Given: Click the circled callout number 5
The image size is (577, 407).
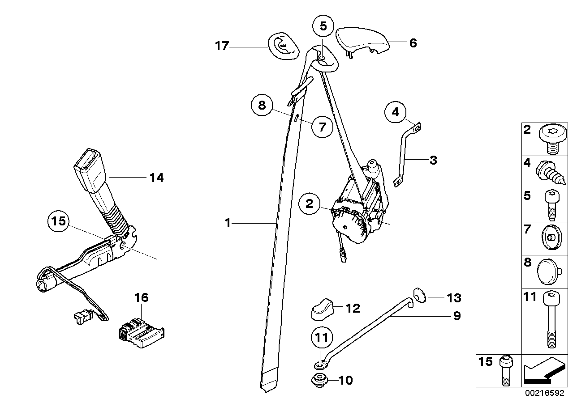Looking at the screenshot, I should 323,26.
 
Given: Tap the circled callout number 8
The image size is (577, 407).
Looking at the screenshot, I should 262,106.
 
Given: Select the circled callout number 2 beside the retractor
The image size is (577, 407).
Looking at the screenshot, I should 310,204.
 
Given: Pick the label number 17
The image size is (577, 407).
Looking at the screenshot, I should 222,46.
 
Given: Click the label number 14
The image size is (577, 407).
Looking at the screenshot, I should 157,178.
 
